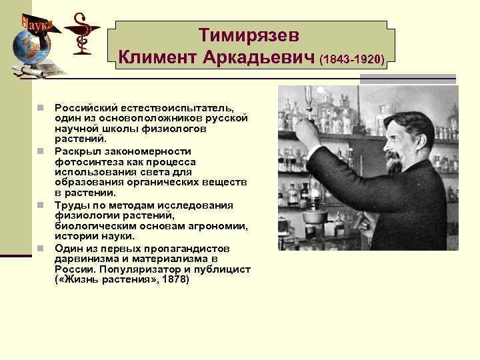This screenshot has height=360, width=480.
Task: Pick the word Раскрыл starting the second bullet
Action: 75,151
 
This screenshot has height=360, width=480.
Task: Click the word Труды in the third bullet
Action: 70,205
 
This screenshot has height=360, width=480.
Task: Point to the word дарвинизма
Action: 87,259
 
